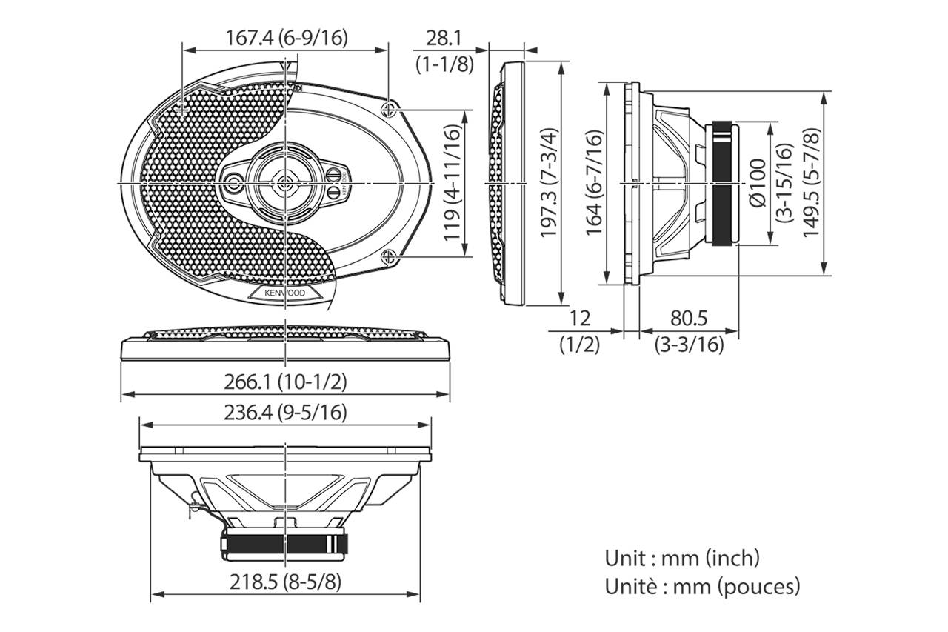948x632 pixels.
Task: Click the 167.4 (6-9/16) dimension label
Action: pyautogui.click(x=286, y=38)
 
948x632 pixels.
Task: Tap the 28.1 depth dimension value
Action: pyautogui.click(x=443, y=38)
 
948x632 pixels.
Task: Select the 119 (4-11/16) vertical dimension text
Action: pyautogui.click(x=452, y=183)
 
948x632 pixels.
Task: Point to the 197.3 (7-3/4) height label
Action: pyautogui.click(x=550, y=183)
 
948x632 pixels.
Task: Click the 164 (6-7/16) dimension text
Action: pyautogui.click(x=593, y=183)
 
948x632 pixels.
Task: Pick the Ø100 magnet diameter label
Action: pyautogui.click(x=758, y=183)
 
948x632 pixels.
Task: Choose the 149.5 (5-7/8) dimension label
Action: pyautogui.click(x=811, y=183)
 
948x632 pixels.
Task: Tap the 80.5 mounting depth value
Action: pyautogui.click(x=689, y=318)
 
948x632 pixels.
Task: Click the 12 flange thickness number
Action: pyautogui.click(x=579, y=318)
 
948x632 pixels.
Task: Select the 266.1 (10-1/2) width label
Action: pyautogui.click(x=285, y=382)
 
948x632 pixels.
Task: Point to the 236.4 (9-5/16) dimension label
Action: pyautogui.click(x=285, y=413)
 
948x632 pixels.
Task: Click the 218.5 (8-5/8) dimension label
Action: pyautogui.click(x=285, y=582)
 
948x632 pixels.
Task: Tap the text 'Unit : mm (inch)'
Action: pyautogui.click(x=682, y=559)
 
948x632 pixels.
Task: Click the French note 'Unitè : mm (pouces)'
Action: pyautogui.click(x=703, y=586)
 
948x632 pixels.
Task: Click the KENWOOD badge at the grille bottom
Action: pyautogui.click(x=285, y=293)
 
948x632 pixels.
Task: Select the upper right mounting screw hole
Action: pyautogui.click(x=388, y=110)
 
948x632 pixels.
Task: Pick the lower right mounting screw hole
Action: pyautogui.click(x=388, y=256)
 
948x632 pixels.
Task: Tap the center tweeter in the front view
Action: pyautogui.click(x=285, y=183)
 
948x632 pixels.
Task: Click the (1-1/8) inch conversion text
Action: pyautogui.click(x=444, y=64)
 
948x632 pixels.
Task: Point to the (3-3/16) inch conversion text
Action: pyautogui.click(x=689, y=345)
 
